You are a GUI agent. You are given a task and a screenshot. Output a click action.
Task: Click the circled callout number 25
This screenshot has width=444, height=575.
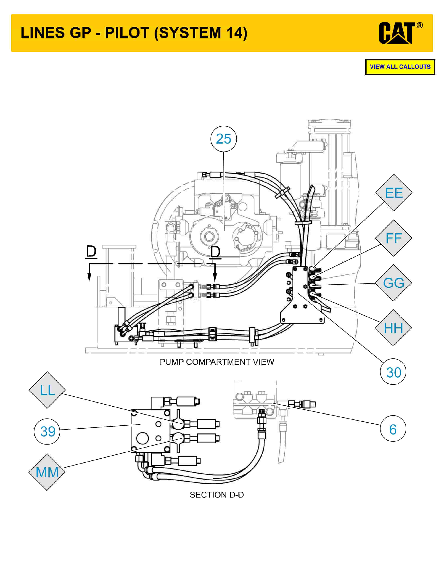tap(224, 139)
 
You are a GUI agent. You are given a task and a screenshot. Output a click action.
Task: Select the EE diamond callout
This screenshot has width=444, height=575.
tap(394, 193)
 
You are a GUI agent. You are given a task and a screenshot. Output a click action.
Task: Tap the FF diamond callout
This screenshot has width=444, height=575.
tap(394, 238)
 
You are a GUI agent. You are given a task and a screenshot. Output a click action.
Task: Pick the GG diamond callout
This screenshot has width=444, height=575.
tap(394, 283)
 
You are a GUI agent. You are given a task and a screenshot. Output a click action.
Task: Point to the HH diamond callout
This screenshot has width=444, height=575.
tap(393, 328)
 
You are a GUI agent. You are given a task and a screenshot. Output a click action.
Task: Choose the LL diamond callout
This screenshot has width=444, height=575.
tap(47, 390)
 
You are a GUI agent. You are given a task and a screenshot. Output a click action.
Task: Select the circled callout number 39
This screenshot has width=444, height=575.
tap(47, 431)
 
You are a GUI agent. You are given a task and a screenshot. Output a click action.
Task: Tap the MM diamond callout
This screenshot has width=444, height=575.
tap(47, 472)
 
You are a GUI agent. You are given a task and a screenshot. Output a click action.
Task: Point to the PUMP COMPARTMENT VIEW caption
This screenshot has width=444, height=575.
tap(217, 362)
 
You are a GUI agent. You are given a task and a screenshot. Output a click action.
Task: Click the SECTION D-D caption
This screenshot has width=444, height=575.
tap(217, 495)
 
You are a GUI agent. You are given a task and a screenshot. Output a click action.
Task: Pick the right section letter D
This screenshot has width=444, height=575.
tap(215, 252)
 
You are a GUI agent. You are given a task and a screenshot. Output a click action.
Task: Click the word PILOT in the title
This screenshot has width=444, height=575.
tap(127, 33)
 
